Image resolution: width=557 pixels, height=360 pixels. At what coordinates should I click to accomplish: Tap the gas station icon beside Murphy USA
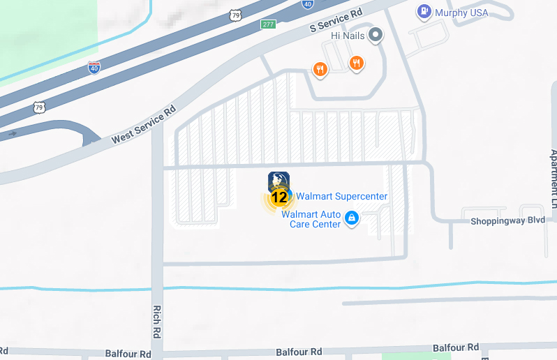(424, 11)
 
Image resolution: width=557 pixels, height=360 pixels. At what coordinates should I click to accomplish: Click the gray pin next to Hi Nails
(376, 34)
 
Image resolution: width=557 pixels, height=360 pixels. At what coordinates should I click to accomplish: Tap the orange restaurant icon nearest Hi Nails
(357, 63)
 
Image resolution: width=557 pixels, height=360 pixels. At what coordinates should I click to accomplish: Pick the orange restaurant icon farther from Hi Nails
(320, 68)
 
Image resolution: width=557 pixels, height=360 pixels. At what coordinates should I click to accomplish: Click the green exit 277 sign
(268, 24)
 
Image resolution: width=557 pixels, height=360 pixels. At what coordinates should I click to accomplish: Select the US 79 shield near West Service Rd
(40, 107)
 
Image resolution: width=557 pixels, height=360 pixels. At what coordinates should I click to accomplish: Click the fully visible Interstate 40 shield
(94, 67)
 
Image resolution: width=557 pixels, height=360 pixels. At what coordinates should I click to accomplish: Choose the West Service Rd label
(144, 126)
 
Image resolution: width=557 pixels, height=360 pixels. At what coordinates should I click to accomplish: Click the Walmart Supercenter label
(342, 197)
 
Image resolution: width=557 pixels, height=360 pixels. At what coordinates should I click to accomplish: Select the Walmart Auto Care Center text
(311, 219)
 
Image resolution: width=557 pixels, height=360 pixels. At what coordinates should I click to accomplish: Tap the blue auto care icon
(352, 219)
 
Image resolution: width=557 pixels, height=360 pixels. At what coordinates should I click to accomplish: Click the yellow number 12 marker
(279, 197)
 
